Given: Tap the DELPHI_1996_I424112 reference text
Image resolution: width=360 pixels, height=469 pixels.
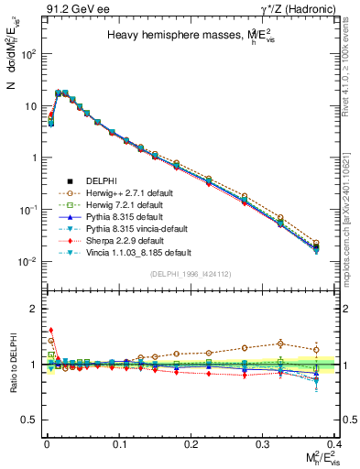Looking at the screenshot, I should (x=191, y=275).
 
